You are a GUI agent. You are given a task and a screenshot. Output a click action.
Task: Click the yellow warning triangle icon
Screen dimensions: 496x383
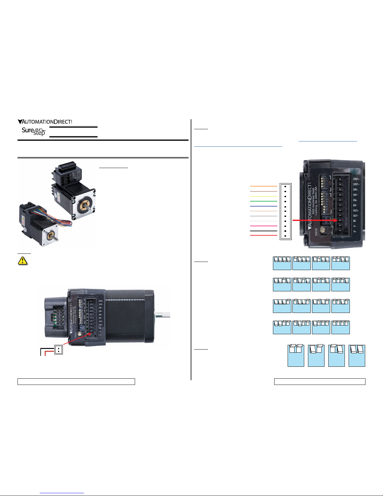23,261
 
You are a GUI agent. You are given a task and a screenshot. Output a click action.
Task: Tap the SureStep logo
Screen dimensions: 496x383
33,131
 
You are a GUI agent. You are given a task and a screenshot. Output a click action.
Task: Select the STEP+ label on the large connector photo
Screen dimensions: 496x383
356,179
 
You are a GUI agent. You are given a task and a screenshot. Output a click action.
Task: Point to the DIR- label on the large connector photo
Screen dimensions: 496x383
355,195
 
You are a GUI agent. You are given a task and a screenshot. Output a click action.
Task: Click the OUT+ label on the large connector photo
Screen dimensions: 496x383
355,211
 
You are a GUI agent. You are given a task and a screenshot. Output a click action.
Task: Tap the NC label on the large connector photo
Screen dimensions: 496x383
355,221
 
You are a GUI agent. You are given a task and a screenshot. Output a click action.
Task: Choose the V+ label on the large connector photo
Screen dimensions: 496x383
355,232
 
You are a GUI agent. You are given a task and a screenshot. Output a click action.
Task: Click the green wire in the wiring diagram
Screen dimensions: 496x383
264,201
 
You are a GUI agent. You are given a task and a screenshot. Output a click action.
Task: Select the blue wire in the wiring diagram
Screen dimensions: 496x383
264,206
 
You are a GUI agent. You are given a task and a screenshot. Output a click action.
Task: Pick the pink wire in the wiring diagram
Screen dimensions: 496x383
264,226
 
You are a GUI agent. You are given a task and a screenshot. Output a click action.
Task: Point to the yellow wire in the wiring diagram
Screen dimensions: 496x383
264,211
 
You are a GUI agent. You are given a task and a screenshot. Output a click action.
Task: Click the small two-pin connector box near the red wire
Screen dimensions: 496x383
58,350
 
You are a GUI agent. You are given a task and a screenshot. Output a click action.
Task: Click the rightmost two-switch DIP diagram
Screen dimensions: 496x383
357,355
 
